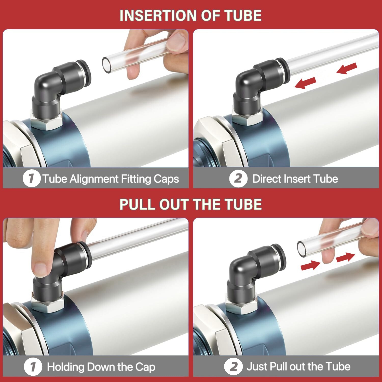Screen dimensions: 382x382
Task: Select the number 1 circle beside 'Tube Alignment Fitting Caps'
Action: coord(32,179)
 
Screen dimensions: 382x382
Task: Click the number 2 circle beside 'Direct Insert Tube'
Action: coord(238,179)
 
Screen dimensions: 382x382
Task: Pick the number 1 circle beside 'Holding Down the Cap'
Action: coord(33,367)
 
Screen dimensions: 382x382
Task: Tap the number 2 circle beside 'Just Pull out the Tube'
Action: coord(233,367)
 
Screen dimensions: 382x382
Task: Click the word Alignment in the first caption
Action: coord(94,179)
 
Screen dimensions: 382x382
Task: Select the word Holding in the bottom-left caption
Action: coord(65,367)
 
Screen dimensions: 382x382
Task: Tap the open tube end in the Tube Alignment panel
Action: coord(107,65)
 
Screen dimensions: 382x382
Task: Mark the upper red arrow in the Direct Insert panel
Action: coord(347,68)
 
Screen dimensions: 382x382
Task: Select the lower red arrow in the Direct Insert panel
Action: coord(305,83)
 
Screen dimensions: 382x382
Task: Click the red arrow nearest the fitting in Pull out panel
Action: coord(310,266)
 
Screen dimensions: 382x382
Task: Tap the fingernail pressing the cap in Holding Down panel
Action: coord(40,269)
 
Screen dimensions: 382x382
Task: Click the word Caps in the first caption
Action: coord(166,179)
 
